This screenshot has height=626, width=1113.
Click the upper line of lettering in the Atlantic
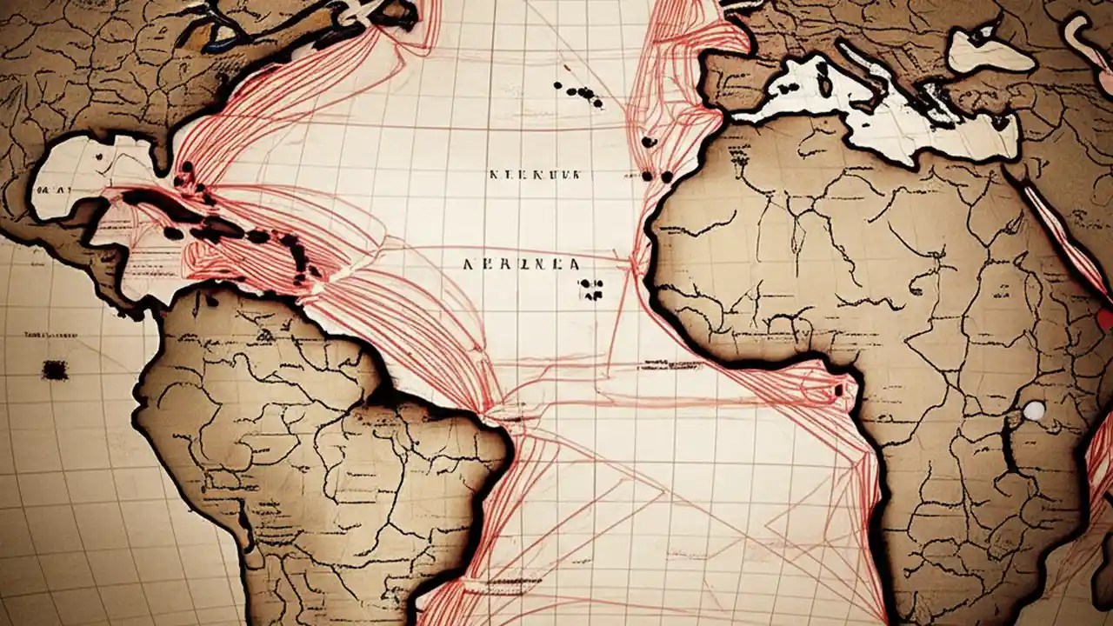(x=534, y=174)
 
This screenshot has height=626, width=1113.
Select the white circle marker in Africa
(x=1034, y=410)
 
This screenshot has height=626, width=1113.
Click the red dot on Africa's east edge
(x=1105, y=319)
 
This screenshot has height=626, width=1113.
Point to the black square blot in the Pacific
(x=55, y=370)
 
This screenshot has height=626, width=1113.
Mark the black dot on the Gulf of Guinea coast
(x=838, y=390)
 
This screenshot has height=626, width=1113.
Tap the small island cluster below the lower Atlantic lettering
(x=593, y=289)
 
